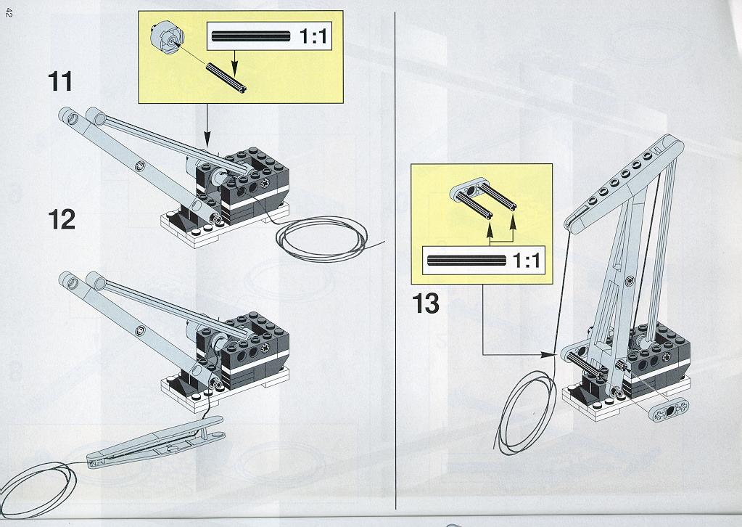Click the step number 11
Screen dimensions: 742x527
(60, 81)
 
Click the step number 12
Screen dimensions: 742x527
(62, 220)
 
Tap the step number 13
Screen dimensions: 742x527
(426, 303)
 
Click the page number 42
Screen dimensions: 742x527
(9, 13)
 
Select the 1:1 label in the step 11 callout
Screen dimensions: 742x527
(313, 36)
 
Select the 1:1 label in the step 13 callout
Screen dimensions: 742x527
(526, 260)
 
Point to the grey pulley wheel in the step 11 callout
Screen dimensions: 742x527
(167, 36)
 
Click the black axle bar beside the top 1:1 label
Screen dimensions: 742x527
(251, 36)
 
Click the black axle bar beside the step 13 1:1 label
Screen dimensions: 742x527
(466, 260)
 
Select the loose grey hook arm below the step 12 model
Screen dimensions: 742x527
(155, 442)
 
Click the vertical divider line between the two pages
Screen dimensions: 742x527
(395, 261)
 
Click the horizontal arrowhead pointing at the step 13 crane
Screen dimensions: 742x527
(549, 354)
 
